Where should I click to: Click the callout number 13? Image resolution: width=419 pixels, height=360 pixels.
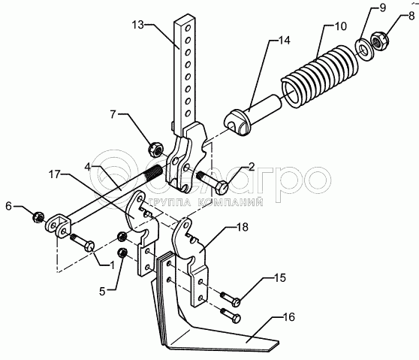(x=138, y=25)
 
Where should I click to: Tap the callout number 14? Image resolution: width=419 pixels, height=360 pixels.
(x=285, y=41)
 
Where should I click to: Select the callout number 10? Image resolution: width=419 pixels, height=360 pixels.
(x=340, y=26)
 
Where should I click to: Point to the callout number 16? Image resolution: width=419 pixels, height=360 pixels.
(x=288, y=317)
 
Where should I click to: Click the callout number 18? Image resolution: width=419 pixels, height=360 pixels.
(x=243, y=227)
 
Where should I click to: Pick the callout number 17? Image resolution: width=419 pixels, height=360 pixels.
(x=55, y=174)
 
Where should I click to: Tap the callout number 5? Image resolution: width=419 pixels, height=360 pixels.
(x=102, y=292)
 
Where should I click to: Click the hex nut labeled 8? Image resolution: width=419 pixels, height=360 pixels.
(x=379, y=41)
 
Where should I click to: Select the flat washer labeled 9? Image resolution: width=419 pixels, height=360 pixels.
(x=363, y=50)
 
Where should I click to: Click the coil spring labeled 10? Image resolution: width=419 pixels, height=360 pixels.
(x=321, y=76)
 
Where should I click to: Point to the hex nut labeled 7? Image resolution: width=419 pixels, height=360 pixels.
(x=155, y=150)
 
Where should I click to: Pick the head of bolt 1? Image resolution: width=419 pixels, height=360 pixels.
(x=89, y=246)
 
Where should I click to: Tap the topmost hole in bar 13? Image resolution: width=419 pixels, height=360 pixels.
(x=188, y=27)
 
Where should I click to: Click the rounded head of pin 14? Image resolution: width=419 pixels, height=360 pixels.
(x=238, y=123)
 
